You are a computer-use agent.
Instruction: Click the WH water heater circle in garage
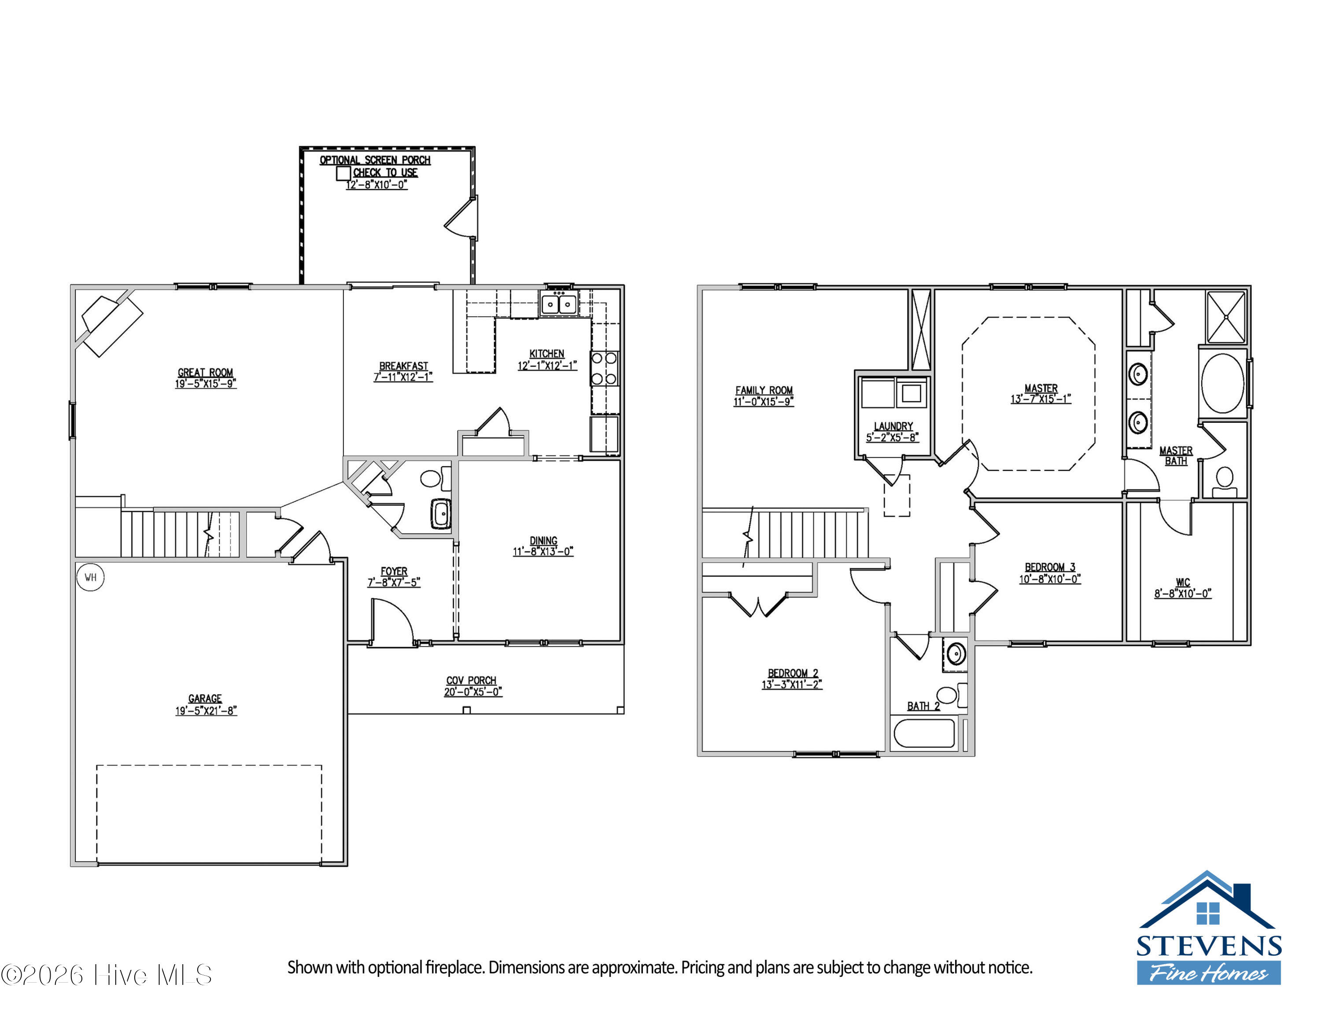[90, 577]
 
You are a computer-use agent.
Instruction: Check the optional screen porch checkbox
[343, 173]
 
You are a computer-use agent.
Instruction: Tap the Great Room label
[205, 373]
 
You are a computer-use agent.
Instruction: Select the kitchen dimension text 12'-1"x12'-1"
[547, 365]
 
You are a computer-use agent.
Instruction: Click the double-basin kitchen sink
[558, 303]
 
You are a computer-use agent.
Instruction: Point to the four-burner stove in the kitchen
[604, 368]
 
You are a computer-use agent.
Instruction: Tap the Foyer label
[394, 571]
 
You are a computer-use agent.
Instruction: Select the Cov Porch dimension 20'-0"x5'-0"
[473, 692]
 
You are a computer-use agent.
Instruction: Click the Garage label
[205, 699]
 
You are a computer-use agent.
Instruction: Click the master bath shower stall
[1226, 317]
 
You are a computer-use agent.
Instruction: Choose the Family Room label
[764, 390]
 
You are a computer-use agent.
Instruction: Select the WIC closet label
[1183, 582]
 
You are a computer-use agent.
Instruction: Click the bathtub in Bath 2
[924, 732]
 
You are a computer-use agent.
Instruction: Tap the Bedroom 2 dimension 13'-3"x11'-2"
[792, 684]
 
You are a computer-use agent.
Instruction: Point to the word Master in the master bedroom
[1041, 388]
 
